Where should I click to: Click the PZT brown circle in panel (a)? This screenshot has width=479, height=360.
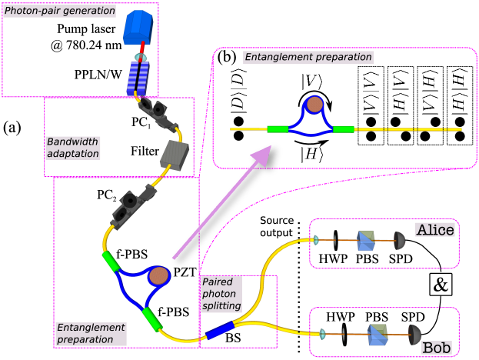160,275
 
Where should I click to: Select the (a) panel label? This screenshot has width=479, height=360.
18,125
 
